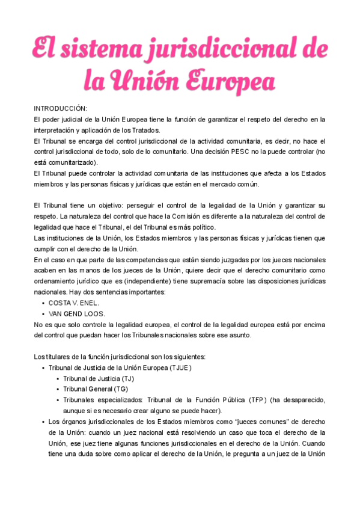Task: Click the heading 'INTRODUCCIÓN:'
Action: click(x=61, y=108)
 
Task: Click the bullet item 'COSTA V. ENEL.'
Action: click(x=74, y=303)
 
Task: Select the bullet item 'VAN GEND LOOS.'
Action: click(x=77, y=313)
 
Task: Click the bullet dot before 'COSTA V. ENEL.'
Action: click(x=43, y=303)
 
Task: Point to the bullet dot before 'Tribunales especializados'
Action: click(x=57, y=400)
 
